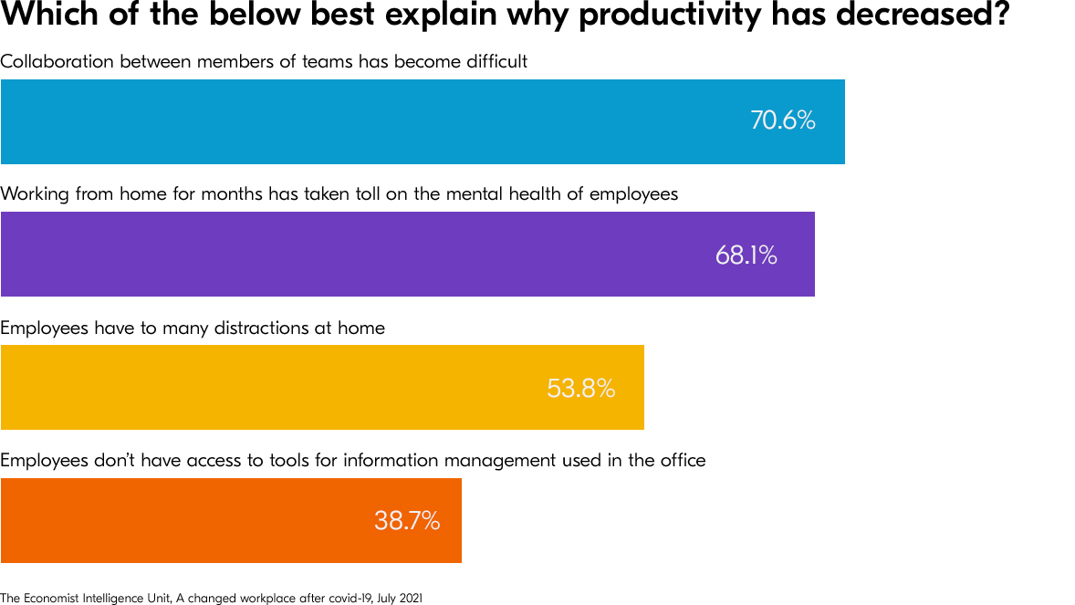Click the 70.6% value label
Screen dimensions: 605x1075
782,120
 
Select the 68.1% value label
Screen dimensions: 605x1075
746,256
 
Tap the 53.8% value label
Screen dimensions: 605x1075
580,389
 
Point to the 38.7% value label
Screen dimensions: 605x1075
407,521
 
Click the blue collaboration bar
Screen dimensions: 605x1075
365,121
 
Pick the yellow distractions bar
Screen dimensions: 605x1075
274,388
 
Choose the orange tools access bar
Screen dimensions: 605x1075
183,521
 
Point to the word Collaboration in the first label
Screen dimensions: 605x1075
57,62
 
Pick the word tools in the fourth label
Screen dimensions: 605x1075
291,460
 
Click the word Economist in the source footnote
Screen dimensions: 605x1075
45,598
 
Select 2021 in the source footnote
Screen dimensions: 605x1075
410,598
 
